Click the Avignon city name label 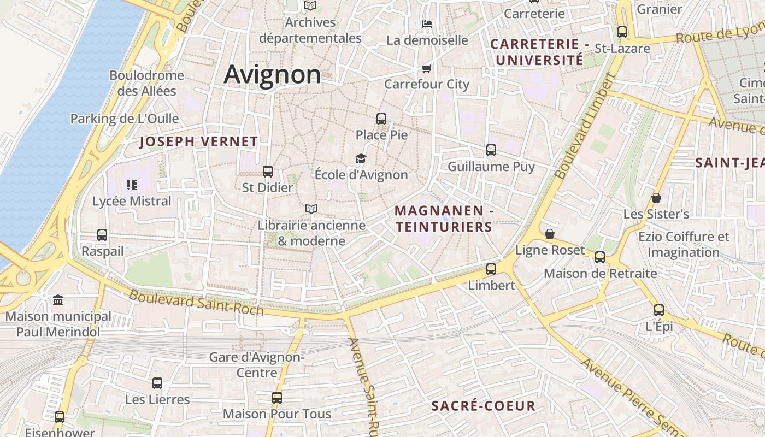point(272,74)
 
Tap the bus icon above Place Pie point(381,119)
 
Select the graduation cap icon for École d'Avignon point(361,158)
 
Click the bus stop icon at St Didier point(268,172)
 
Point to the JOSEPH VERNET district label point(199,142)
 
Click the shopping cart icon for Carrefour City point(427,68)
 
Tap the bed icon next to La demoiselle point(427,24)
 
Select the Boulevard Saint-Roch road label point(196,303)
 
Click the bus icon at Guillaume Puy point(491,150)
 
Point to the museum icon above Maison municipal point(58,300)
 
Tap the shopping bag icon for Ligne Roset point(550,234)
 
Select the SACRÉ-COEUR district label point(483,406)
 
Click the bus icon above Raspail point(102,235)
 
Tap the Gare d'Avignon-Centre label point(257,365)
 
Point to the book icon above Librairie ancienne point(311,209)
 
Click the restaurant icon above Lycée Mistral point(131,185)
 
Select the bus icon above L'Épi point(659,310)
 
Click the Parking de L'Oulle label point(125,119)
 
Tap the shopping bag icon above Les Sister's point(656,198)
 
